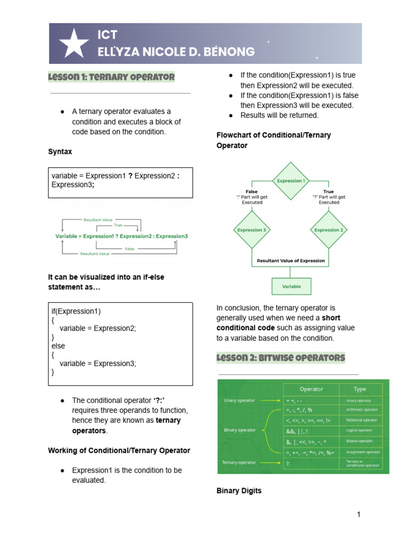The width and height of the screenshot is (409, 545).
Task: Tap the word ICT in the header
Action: (107, 35)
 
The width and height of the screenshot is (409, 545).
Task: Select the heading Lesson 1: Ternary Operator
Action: (111, 77)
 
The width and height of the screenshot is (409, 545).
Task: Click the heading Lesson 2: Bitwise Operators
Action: (281, 357)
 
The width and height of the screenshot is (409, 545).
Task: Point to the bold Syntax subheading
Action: (60, 152)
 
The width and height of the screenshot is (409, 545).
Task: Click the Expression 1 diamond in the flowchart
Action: (290, 180)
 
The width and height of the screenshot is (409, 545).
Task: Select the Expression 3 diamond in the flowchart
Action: (251, 230)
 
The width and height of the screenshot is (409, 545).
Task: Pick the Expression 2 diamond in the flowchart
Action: (329, 230)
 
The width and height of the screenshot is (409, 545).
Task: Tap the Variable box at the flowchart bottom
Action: (291, 286)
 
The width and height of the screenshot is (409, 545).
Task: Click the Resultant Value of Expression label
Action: (291, 261)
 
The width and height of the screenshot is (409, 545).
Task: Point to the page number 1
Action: (359, 515)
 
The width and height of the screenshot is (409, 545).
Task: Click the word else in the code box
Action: (58, 346)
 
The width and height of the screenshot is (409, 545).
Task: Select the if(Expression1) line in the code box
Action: (76, 311)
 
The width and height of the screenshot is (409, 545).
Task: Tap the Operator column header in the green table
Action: (312, 389)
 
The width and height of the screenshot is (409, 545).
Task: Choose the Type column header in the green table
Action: (360, 389)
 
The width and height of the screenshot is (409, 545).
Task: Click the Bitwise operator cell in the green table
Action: (360, 441)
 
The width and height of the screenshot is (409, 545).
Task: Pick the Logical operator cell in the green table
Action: (360, 431)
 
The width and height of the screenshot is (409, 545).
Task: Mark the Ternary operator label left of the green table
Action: (239, 463)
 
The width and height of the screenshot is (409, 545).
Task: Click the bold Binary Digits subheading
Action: (239, 491)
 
